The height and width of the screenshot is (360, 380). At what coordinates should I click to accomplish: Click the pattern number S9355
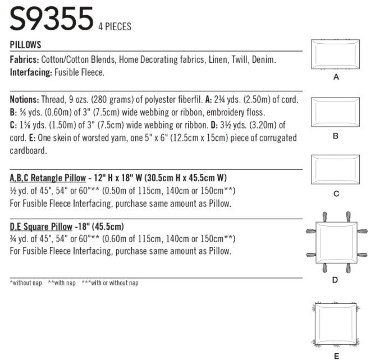tap(52, 19)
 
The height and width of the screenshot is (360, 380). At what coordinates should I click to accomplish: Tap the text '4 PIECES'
tap(115, 26)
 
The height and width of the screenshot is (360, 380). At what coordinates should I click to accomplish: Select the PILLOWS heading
tap(25, 45)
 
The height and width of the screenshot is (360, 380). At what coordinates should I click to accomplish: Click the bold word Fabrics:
tap(24, 59)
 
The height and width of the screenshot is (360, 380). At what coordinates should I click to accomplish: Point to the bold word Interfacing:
tap(31, 72)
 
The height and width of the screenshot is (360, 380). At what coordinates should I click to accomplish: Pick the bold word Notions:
tap(24, 99)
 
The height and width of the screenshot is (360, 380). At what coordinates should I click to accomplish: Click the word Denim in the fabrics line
tap(264, 59)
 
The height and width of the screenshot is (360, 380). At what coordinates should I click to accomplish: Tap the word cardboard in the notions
tap(28, 151)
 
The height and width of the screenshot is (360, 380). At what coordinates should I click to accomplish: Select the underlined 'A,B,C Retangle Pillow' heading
tap(48, 178)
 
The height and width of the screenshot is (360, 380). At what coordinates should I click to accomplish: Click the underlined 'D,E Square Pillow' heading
tap(41, 227)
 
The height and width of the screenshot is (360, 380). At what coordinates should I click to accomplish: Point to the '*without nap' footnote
tap(26, 283)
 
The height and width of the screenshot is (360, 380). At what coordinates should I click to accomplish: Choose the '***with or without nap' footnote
tap(110, 283)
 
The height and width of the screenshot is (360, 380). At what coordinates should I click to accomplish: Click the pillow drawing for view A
tap(336, 54)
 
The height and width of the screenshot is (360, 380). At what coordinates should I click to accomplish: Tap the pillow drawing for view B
tap(336, 112)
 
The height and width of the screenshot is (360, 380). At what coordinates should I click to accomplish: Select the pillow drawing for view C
tap(336, 170)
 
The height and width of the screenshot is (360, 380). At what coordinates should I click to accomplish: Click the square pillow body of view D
tap(337, 242)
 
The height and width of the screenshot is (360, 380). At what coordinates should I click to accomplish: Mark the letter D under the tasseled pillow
tap(335, 280)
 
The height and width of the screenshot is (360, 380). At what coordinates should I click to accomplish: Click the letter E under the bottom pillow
tap(336, 356)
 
